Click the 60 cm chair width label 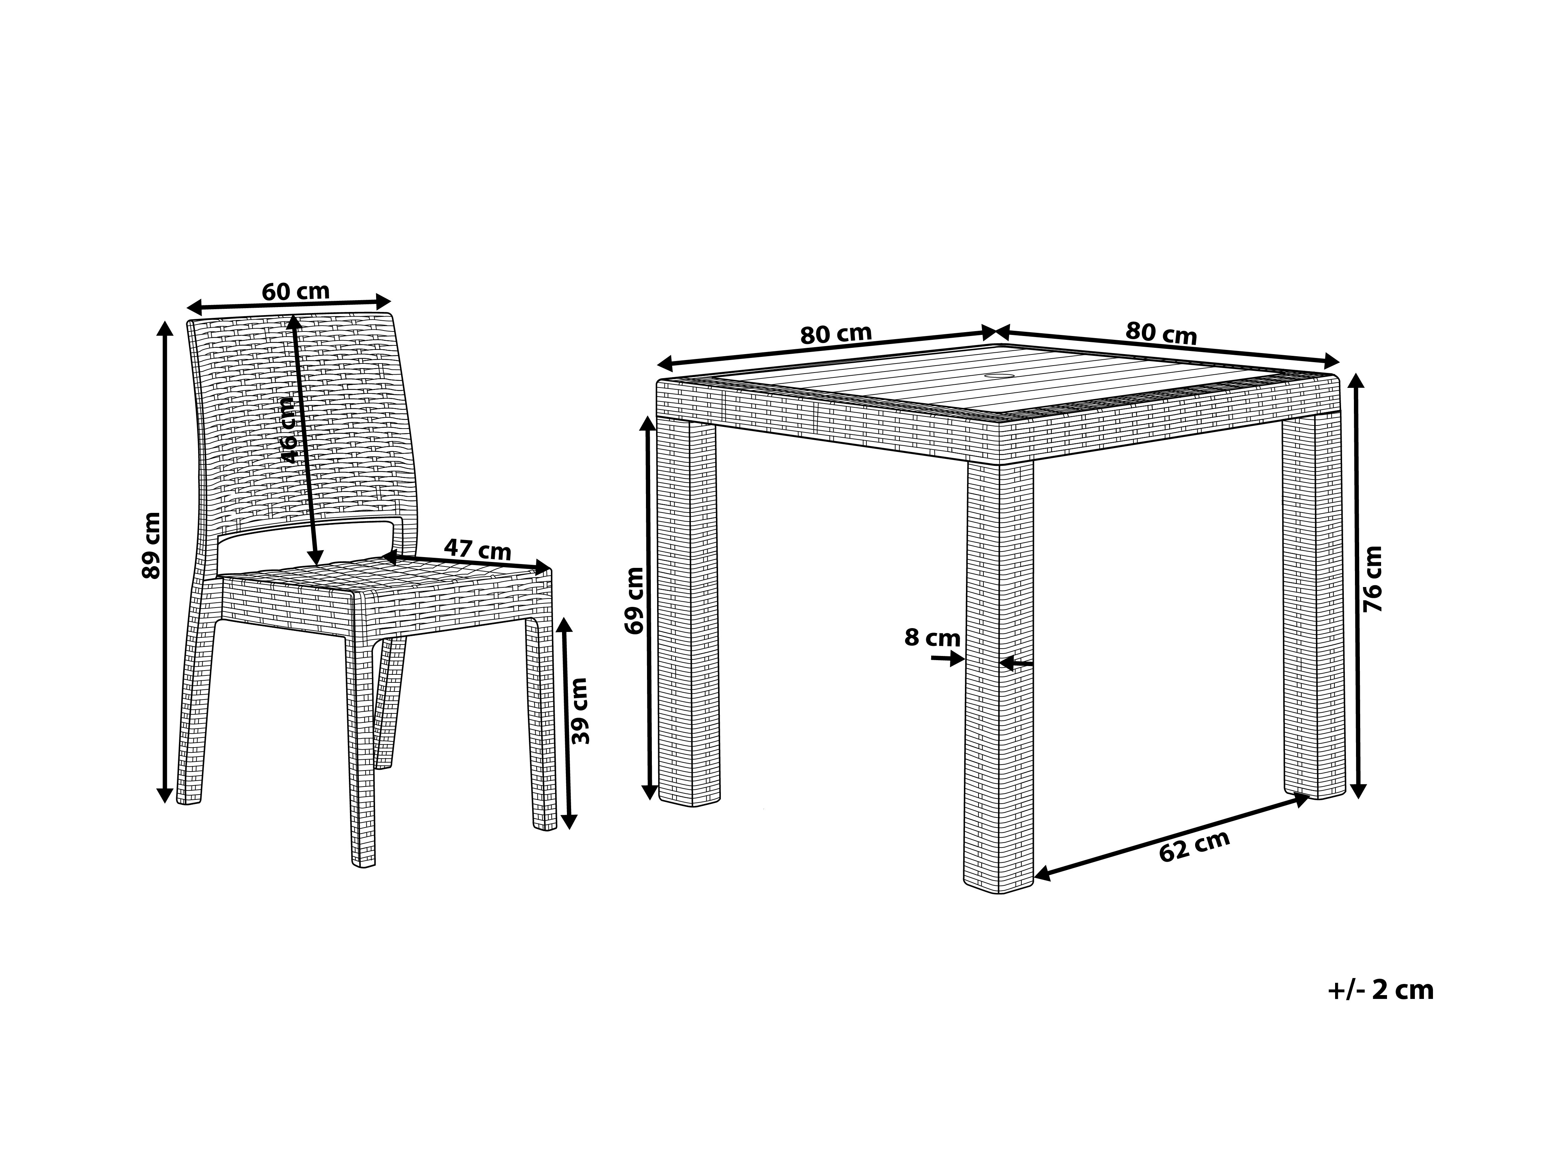point(296,291)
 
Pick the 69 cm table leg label point(635,601)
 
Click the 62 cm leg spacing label point(1194,846)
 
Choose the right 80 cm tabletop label point(1161,333)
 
